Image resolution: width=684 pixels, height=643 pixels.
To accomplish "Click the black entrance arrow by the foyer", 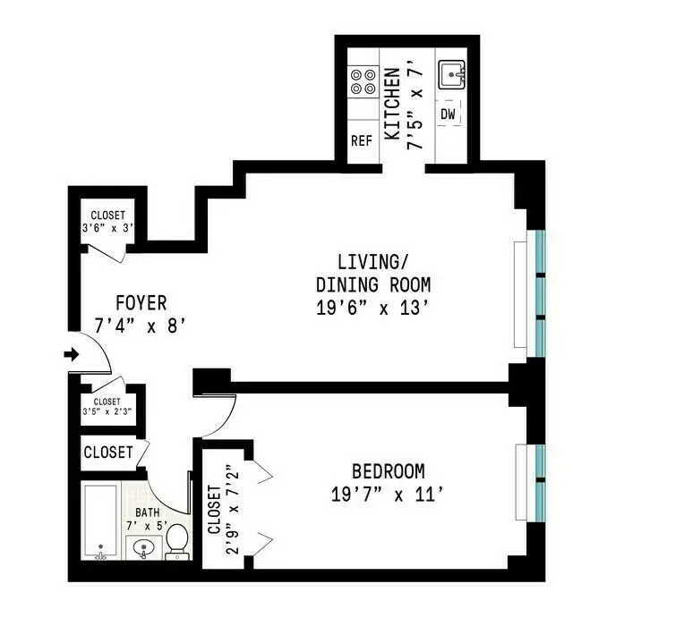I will pos(72,355).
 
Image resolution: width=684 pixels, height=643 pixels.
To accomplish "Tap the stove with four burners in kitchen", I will pos(363,82).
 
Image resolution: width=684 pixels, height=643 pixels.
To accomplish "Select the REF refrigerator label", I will pos(362,140).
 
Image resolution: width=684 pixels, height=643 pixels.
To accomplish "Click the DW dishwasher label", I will pos(449,114).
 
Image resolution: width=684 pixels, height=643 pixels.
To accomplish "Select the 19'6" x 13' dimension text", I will pos(373,309).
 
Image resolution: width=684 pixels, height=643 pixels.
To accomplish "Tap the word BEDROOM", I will pos(388,471).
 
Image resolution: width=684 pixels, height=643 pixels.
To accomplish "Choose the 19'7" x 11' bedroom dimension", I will pos(386,494).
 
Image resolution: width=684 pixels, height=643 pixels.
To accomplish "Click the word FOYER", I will pos(140,303).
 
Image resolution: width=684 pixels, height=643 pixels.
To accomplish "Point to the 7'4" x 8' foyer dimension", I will pos(140,326).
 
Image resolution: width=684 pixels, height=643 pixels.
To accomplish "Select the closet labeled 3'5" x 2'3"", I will pos(107,408).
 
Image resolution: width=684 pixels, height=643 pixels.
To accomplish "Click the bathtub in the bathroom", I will pos(101,521).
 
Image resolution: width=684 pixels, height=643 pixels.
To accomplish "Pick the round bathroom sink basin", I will pos(141,548).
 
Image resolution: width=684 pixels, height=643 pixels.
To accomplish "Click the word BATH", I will pos(148,513).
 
